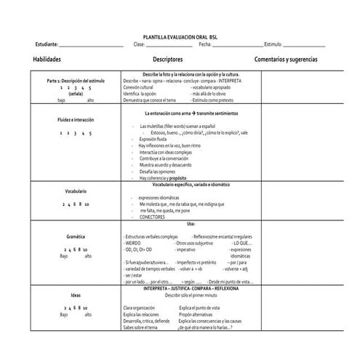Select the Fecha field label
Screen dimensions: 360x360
pyautogui.click(x=204, y=44)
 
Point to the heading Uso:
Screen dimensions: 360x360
pyautogui.click(x=191, y=224)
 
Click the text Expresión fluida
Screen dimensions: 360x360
pyautogui.click(x=154, y=139)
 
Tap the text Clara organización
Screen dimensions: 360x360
pyautogui.click(x=141, y=308)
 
